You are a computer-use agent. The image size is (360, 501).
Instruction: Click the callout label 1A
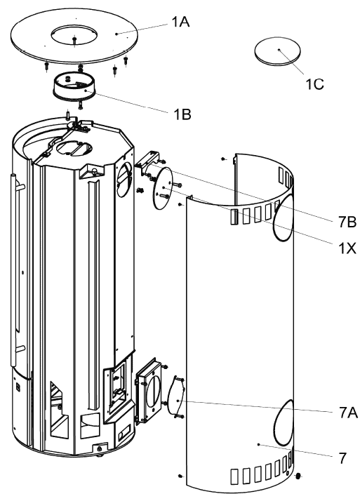[180, 22]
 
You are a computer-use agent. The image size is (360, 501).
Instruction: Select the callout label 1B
[182, 114]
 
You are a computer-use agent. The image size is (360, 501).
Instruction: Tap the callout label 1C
[315, 84]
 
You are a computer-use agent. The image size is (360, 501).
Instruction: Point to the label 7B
[347, 222]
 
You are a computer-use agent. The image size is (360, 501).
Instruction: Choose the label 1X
[347, 248]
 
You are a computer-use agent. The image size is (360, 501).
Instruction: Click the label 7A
[348, 413]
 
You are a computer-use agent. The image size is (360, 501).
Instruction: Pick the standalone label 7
[342, 458]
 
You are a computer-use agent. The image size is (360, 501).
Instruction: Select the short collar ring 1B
[74, 87]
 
